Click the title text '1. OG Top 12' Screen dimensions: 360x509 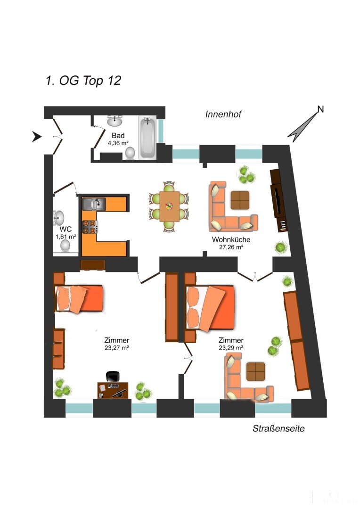coord(83,81)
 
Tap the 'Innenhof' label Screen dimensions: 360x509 coord(223,114)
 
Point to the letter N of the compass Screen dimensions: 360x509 coord(320,109)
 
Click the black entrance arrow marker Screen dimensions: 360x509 coord(37,137)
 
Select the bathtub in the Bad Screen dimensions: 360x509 coord(147,137)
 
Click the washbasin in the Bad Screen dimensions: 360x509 coord(115,121)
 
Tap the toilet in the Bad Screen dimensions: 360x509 coord(130,153)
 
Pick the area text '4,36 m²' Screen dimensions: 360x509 coord(118,143)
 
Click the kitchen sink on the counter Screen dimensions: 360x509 coord(94,204)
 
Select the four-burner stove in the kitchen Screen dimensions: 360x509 coord(90,227)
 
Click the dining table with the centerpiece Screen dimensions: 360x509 coord(170,206)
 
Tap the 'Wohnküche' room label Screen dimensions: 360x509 coord(231,239)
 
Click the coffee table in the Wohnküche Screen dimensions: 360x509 coord(240,200)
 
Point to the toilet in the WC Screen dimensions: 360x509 coord(65,246)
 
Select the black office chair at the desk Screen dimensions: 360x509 coord(113,377)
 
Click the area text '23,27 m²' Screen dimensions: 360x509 coord(117,348)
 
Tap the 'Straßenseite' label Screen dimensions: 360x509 coord(278,428)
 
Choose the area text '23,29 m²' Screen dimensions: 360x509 coord(231,348)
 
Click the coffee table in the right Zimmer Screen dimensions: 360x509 coord(255,371)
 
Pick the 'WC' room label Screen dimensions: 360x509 coord(65,229)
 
